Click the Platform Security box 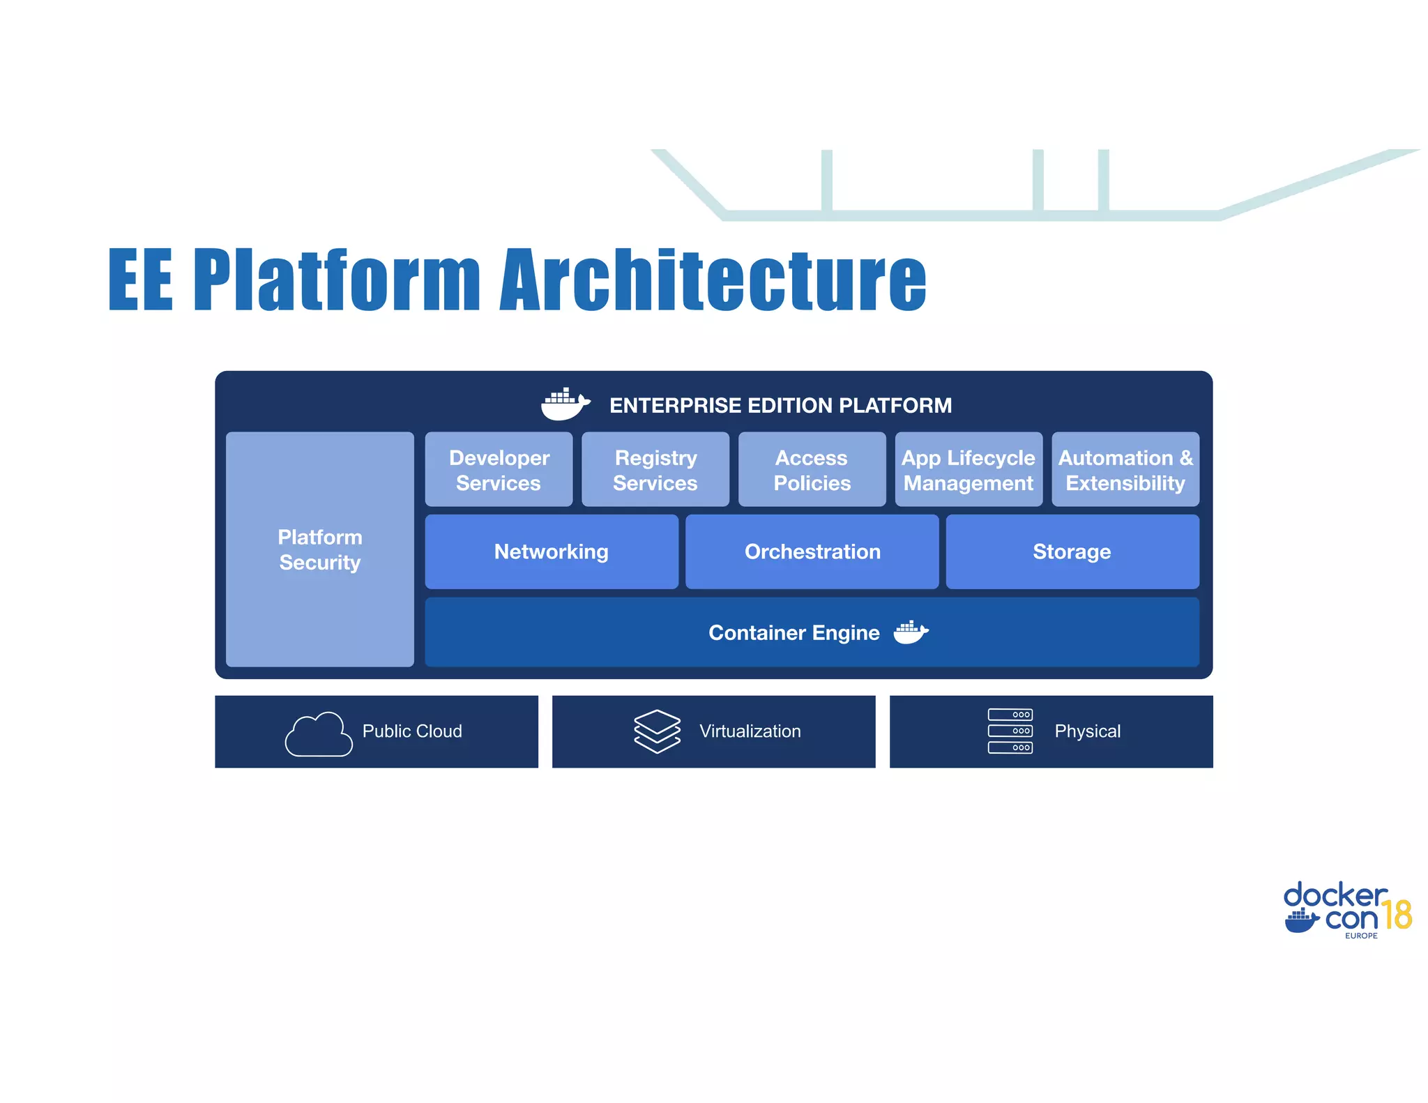click(x=320, y=549)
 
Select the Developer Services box click(x=499, y=470)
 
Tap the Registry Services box click(x=655, y=470)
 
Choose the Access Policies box click(x=812, y=470)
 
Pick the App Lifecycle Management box click(x=969, y=470)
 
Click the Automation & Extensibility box click(x=1125, y=470)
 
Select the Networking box click(x=552, y=551)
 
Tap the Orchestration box click(x=812, y=551)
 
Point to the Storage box click(x=1072, y=551)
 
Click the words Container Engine click(x=793, y=632)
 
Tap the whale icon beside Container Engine click(x=911, y=632)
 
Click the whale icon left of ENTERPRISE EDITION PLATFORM click(x=565, y=404)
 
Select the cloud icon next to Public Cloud click(x=319, y=734)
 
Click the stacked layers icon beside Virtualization click(x=657, y=731)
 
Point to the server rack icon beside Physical click(x=1010, y=731)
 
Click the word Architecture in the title click(x=713, y=280)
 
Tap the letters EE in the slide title click(x=140, y=280)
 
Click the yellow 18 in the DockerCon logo click(x=1397, y=915)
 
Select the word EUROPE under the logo click(x=1361, y=936)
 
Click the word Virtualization click(x=750, y=731)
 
